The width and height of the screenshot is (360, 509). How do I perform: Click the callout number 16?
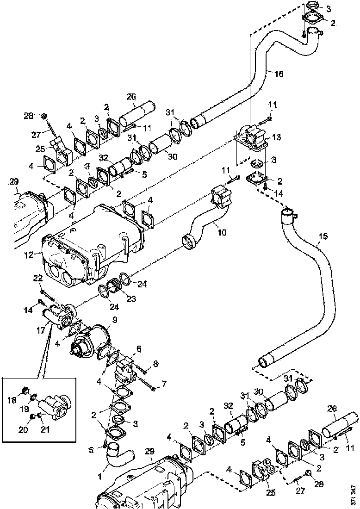point(279,74)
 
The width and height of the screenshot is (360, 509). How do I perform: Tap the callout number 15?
point(323,236)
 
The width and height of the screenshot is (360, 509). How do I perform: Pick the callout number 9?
point(114,320)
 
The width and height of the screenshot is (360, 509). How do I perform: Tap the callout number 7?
point(155,364)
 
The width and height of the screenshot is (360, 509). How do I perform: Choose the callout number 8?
point(138,348)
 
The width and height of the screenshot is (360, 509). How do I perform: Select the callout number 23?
point(131,299)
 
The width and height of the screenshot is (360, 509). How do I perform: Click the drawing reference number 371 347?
point(354,495)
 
